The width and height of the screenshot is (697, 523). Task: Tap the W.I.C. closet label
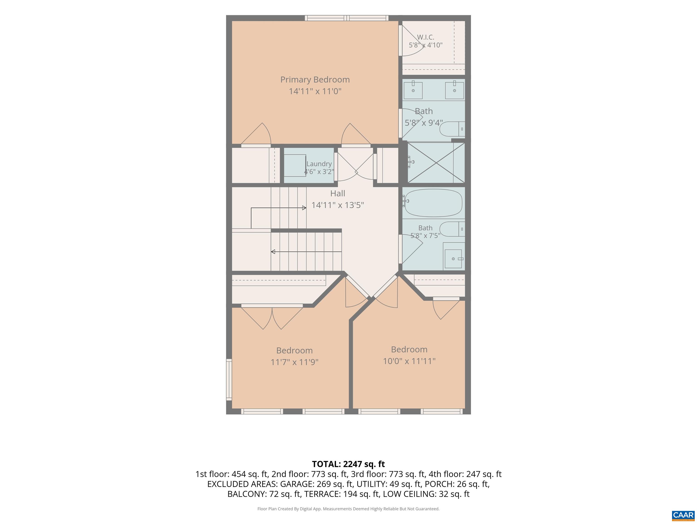tap(425, 37)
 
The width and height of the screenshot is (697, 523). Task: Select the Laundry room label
tap(319, 164)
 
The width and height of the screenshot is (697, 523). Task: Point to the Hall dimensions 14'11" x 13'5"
tap(337, 205)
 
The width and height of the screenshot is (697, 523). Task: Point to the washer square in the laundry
tap(295, 165)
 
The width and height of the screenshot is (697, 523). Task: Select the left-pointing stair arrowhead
tap(273, 252)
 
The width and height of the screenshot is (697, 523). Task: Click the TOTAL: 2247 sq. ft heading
tap(348, 464)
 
